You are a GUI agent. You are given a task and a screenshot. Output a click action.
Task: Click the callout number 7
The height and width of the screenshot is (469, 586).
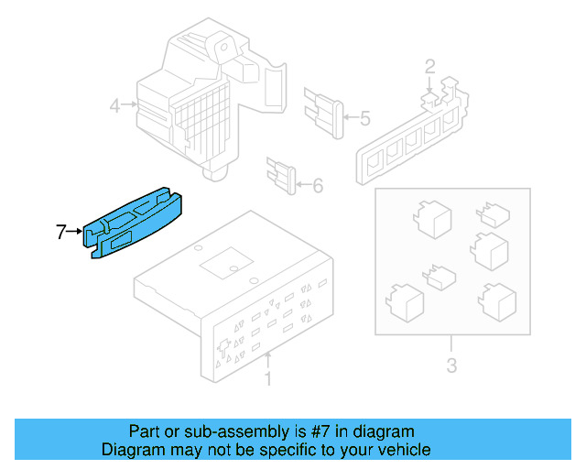tap(61, 233)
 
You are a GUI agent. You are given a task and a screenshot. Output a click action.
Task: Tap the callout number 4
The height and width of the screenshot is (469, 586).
tap(115, 106)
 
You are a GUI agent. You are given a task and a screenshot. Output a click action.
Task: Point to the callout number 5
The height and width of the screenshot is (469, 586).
tap(364, 118)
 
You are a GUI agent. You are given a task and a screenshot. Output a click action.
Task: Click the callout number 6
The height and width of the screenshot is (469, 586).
tap(318, 187)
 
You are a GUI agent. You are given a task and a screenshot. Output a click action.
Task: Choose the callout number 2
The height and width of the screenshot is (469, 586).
tap(429, 65)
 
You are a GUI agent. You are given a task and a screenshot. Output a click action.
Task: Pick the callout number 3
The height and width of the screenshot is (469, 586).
tap(451, 368)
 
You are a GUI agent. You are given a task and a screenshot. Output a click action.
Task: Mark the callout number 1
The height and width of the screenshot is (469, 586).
tap(267, 377)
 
